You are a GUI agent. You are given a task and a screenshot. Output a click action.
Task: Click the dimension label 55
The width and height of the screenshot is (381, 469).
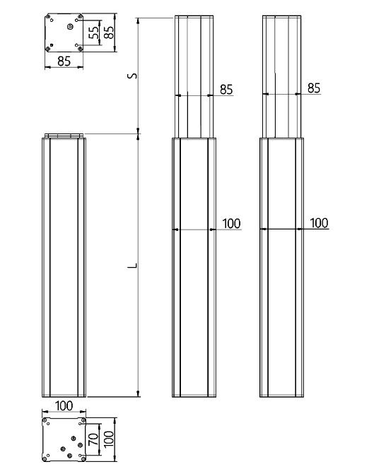click(x=93, y=34)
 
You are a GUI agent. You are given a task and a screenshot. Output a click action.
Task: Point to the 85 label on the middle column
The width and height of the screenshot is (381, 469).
click(x=226, y=89)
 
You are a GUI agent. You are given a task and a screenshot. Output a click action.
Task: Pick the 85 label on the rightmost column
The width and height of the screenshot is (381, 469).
click(x=315, y=88)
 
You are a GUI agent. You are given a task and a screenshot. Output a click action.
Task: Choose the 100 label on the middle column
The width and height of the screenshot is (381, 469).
click(x=231, y=223)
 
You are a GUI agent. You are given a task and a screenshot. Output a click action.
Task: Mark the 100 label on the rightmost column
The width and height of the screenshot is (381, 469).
click(x=319, y=223)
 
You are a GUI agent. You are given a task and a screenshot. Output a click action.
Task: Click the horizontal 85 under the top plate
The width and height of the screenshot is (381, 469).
click(x=64, y=61)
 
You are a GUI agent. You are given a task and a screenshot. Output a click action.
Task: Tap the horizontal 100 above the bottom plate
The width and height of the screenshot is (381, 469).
click(x=64, y=405)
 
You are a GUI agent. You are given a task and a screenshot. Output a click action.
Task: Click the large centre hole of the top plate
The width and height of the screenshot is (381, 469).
click(x=69, y=28)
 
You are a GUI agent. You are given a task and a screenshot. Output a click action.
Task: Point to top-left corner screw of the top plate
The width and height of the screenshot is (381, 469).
click(x=49, y=16)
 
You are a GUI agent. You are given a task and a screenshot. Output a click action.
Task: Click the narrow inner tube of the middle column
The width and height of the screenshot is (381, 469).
click(x=194, y=74)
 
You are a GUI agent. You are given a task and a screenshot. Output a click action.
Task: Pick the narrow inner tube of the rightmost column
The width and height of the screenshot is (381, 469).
click(x=283, y=74)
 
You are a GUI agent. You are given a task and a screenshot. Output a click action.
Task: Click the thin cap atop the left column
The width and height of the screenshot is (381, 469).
click(x=64, y=136)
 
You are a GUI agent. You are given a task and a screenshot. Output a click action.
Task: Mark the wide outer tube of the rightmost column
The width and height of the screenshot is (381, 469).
click(x=283, y=297)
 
